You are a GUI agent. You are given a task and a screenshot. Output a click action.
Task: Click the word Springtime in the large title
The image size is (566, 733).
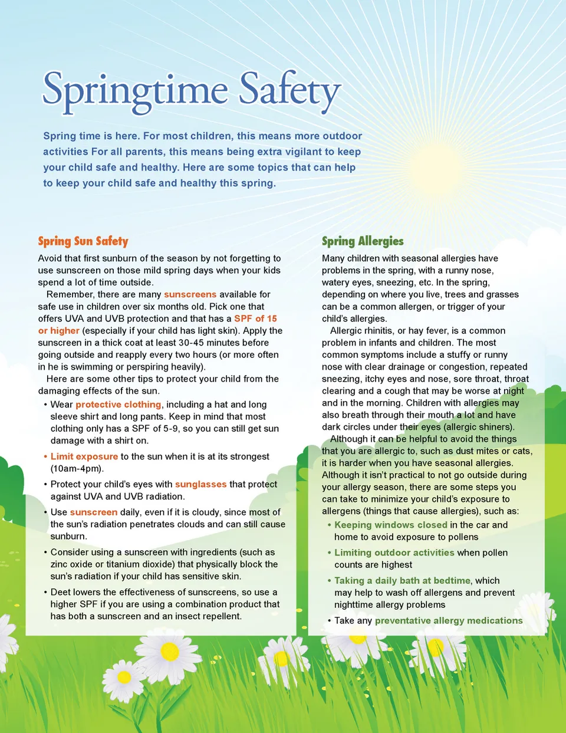point(135,91)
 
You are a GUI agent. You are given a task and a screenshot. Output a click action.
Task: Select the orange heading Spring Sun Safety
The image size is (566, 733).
point(83,241)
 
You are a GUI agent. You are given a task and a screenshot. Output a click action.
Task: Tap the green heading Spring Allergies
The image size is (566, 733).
point(363,241)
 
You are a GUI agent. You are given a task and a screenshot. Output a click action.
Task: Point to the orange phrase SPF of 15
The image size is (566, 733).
point(255,318)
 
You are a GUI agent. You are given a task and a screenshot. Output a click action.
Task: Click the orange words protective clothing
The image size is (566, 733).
point(118,405)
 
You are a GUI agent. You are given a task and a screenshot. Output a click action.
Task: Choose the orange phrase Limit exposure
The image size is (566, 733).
point(84,456)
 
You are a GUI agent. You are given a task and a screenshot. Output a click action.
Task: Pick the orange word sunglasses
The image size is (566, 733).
point(200,484)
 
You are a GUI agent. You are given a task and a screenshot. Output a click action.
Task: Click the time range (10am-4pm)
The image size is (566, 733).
point(77,469)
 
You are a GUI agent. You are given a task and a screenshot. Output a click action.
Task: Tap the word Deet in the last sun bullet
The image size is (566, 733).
point(60,592)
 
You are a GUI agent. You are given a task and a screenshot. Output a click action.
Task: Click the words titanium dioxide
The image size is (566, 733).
point(140,564)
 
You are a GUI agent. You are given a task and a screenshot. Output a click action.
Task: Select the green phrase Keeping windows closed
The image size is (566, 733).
point(390,525)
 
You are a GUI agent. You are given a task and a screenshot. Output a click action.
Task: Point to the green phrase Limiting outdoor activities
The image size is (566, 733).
point(394,553)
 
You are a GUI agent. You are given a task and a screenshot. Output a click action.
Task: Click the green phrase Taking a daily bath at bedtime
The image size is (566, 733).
point(402,580)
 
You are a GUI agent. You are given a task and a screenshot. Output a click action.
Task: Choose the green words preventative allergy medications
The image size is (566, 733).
point(448,620)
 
